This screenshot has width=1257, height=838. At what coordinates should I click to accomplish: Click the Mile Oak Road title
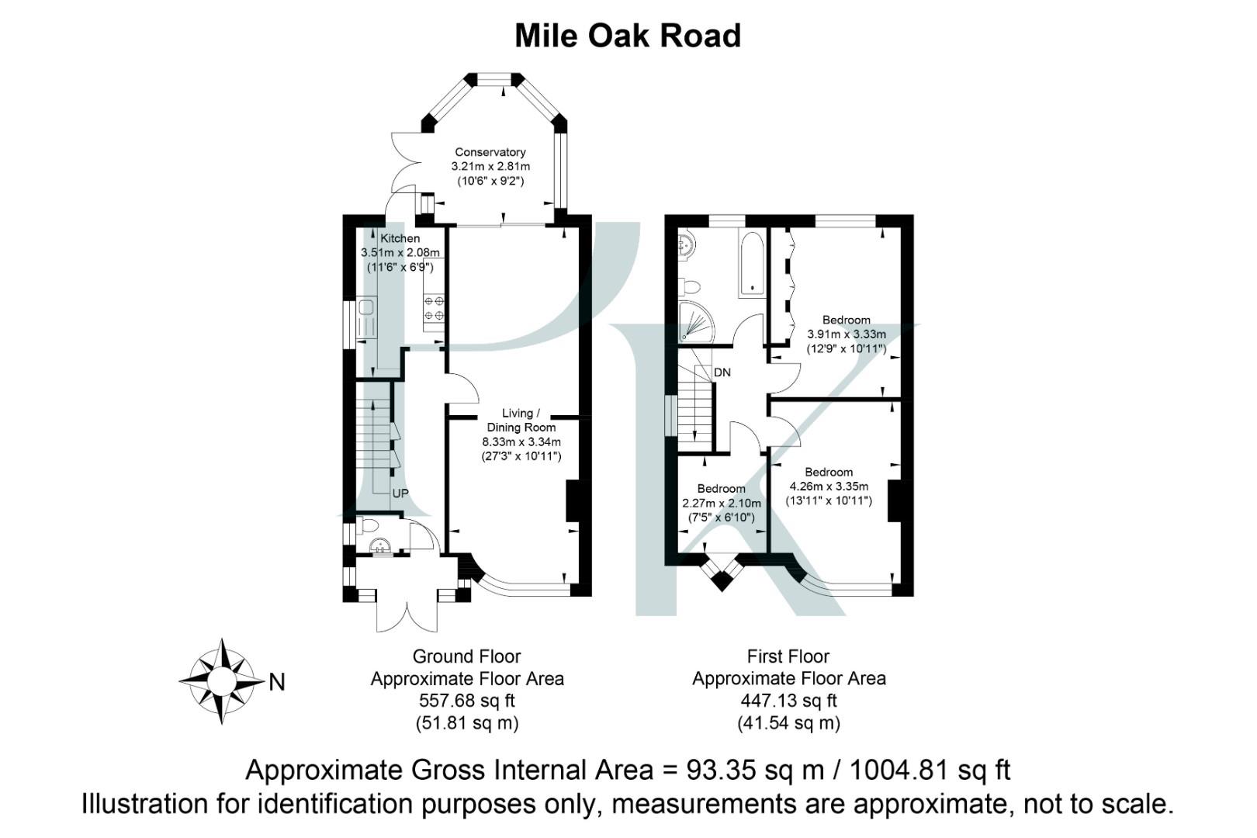tap(628, 36)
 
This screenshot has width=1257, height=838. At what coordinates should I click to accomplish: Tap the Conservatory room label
tap(490, 152)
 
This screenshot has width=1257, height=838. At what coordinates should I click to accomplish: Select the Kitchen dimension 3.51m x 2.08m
tap(400, 252)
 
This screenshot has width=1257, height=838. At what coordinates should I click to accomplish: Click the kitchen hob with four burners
tap(434, 308)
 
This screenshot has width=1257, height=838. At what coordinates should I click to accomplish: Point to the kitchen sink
tap(366, 318)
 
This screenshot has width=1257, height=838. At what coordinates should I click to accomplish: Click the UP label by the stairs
tap(400, 493)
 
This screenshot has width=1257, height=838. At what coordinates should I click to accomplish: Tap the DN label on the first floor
tap(722, 372)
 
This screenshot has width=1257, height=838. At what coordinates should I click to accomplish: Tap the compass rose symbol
tap(222, 681)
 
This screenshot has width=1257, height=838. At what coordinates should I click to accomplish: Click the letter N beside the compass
tap(277, 682)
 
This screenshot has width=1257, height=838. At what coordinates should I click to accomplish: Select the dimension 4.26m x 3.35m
tap(829, 487)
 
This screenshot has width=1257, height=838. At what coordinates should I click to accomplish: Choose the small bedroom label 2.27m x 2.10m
tap(721, 503)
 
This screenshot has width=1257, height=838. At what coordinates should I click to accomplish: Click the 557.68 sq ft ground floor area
tap(466, 701)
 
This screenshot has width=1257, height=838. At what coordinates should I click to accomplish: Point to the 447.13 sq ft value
tap(788, 701)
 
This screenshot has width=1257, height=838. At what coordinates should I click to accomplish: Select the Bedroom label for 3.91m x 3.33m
tap(846, 320)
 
